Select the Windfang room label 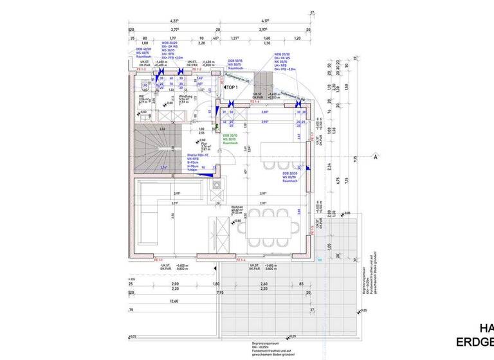[183, 100]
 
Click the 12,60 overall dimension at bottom [174, 301]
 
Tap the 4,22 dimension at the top [174, 21]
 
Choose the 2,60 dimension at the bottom [263, 283]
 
